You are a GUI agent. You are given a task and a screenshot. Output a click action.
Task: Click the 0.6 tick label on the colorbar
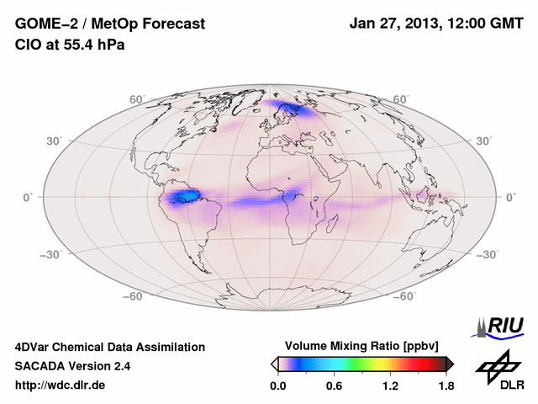(335, 386)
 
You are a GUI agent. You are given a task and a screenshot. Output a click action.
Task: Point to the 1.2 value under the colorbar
(390, 386)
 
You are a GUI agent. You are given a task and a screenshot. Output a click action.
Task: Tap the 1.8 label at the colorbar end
(446, 386)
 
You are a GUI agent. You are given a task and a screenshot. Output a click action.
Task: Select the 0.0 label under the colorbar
(279, 386)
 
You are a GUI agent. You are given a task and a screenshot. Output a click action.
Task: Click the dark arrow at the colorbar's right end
(450, 363)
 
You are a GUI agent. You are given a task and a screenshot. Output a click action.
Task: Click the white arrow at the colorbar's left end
(275, 363)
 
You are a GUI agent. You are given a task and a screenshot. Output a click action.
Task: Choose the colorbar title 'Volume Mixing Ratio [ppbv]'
(361, 346)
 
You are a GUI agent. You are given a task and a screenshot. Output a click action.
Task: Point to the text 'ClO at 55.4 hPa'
(70, 45)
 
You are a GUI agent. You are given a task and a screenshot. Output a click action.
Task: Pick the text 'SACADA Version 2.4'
(72, 366)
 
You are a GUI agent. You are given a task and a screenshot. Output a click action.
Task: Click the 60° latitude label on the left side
(136, 99)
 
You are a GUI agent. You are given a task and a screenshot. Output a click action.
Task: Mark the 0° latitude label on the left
(28, 197)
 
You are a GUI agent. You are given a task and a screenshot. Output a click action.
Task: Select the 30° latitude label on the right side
(485, 141)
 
